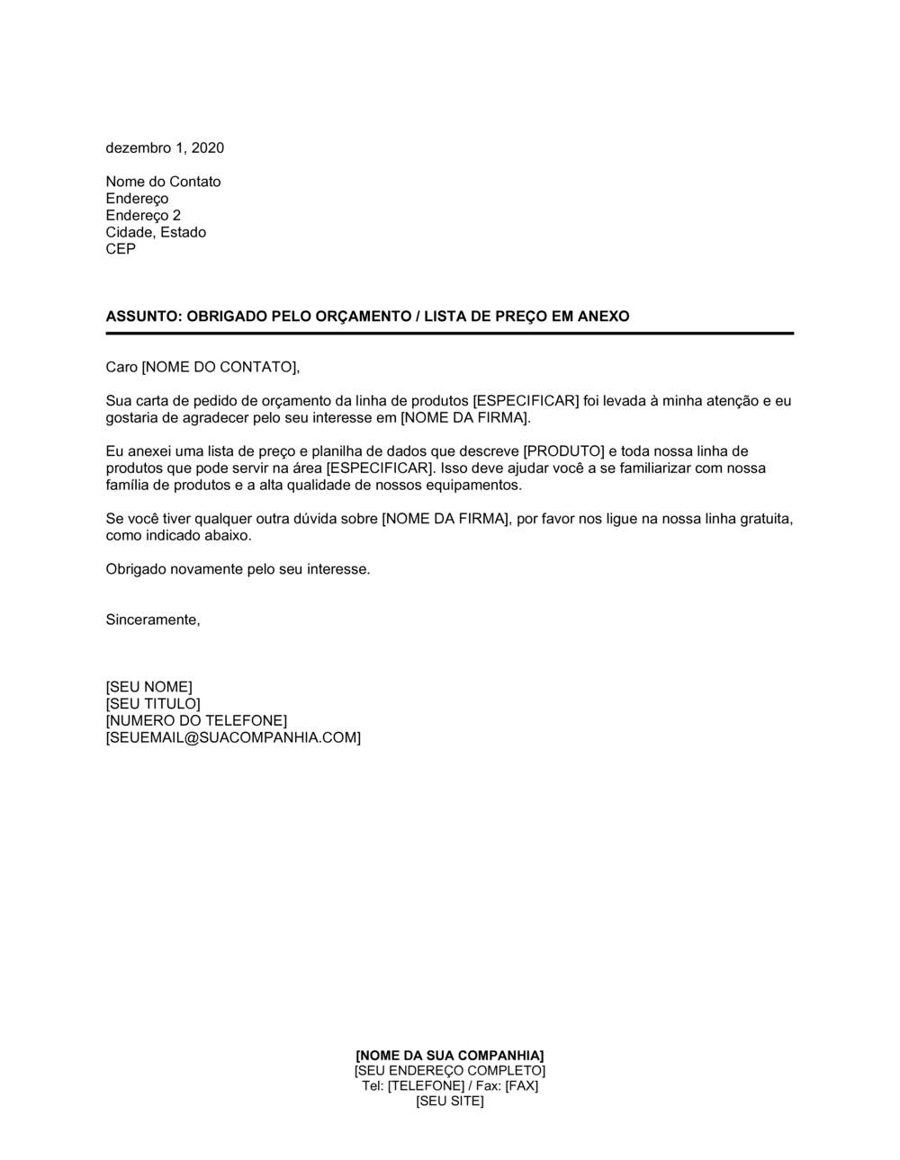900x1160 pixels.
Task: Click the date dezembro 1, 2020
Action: coord(165,148)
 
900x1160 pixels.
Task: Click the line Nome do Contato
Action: coord(163,182)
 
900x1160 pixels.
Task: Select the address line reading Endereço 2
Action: coord(143,216)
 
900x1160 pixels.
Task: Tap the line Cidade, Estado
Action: coord(156,232)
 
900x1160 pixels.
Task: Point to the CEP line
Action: coord(121,249)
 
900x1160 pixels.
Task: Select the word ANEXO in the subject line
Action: coord(605,317)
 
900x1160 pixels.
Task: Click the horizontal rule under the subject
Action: coord(450,334)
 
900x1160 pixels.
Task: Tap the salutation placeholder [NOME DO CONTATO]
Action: coord(219,367)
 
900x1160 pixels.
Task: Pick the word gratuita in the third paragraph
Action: coord(763,519)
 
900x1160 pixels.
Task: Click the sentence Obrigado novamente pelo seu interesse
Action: coord(238,569)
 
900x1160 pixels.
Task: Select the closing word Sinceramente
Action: coord(152,620)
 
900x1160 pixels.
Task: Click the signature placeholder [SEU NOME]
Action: coord(148,687)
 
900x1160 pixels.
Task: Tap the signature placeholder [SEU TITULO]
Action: coord(153,704)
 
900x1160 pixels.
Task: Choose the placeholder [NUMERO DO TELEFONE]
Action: coord(196,720)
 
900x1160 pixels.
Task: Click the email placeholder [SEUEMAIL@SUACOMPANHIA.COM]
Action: coord(233,737)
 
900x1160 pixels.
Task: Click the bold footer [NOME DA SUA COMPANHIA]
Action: coord(450,1055)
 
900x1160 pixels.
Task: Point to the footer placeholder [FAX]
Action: coord(521,1085)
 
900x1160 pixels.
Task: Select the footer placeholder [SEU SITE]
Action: coord(450,1101)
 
